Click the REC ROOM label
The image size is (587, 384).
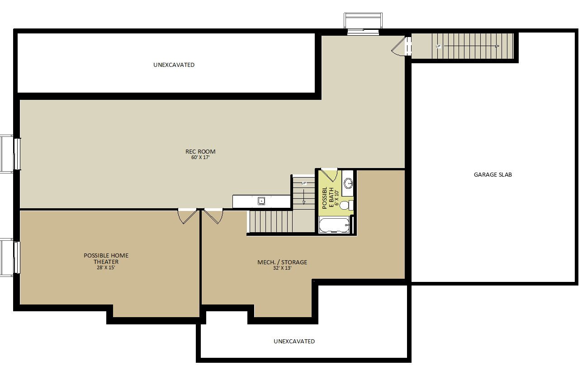[x=200, y=151]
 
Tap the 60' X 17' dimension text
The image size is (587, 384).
[x=200, y=157]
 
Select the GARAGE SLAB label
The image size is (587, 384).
[x=492, y=174]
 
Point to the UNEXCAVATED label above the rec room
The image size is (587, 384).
[x=174, y=65]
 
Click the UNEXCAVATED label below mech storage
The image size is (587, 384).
[x=294, y=342]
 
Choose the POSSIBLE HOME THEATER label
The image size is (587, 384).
[x=106, y=258]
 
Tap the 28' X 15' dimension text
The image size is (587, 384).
[x=106, y=267]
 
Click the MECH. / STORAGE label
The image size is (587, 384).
[x=282, y=262]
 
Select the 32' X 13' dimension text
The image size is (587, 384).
[x=282, y=268]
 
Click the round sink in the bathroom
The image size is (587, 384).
[x=348, y=183]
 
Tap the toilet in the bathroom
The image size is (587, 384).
[x=346, y=205]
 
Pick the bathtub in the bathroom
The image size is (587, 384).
[x=334, y=225]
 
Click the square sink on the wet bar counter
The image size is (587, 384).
[x=261, y=201]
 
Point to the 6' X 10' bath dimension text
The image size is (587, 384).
[x=336, y=198]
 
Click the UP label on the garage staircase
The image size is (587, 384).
[x=438, y=47]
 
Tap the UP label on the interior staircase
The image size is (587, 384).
[x=304, y=183]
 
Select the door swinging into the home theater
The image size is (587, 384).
[x=187, y=216]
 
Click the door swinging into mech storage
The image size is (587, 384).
[x=213, y=216]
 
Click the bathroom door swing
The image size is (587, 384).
[x=329, y=175]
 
